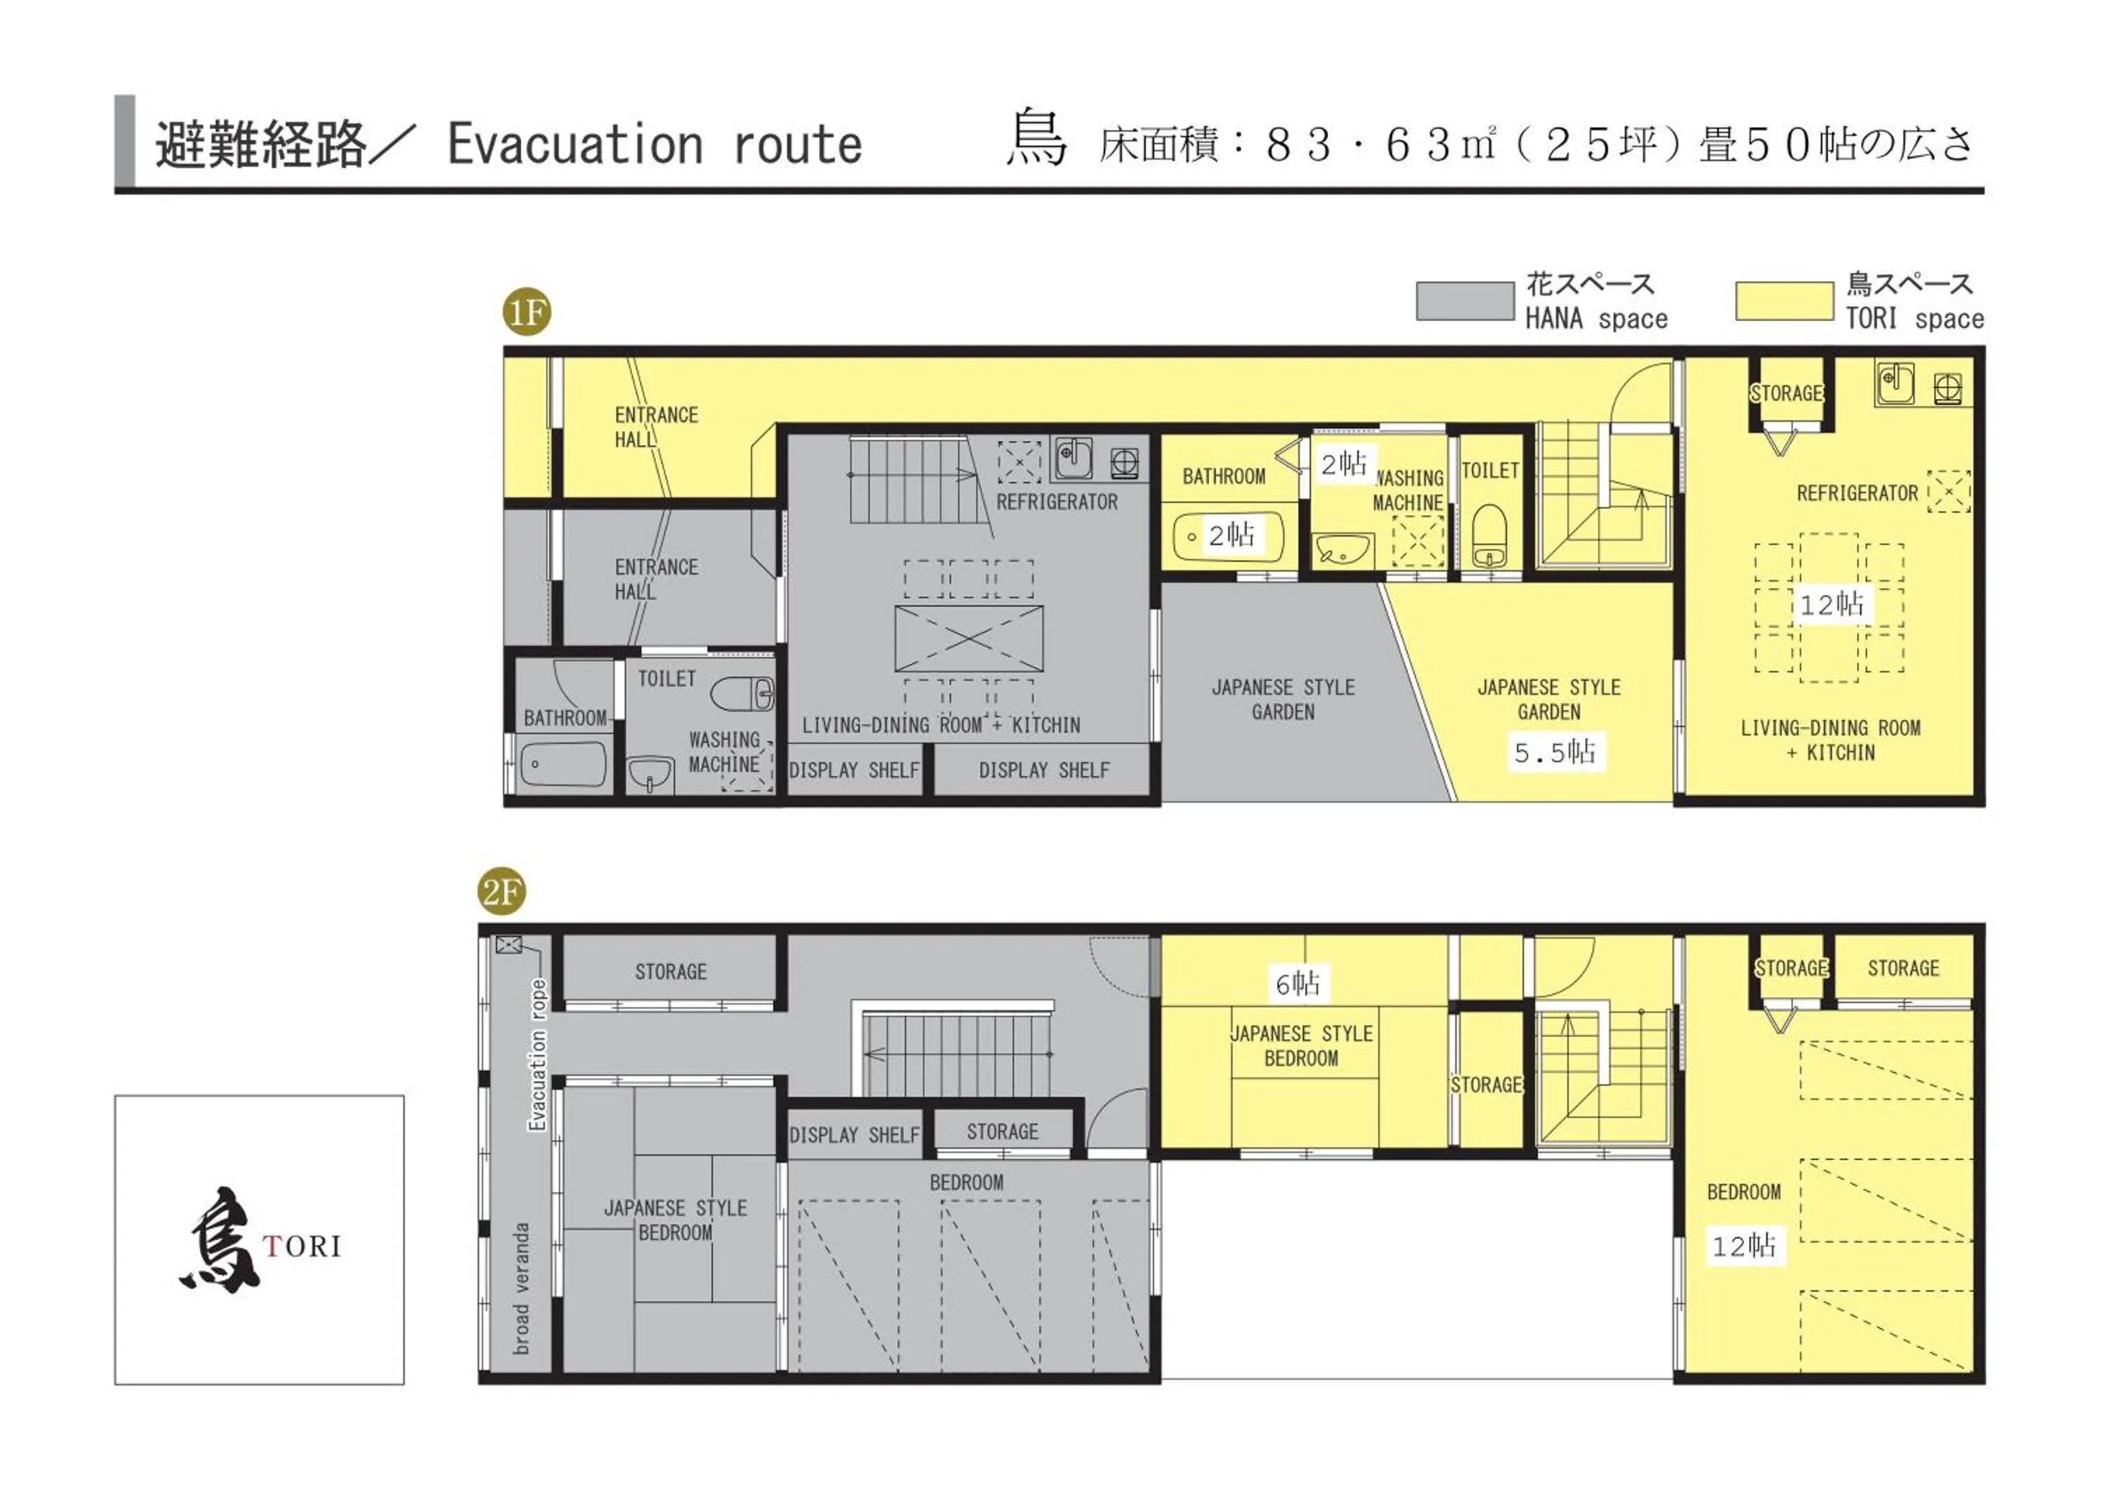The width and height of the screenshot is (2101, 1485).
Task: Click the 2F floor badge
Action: (x=501, y=890)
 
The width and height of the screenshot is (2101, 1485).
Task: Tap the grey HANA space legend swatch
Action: (x=1464, y=301)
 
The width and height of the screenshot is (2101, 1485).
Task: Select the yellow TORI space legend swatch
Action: (x=1784, y=301)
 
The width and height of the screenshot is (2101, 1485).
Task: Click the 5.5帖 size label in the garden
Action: (x=1555, y=752)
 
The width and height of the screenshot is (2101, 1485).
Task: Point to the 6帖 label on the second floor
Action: (x=1298, y=983)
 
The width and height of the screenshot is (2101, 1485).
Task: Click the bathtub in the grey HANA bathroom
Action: (x=564, y=764)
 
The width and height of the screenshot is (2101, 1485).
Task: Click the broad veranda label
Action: (x=522, y=1288)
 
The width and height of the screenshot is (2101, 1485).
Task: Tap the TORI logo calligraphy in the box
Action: (x=220, y=1241)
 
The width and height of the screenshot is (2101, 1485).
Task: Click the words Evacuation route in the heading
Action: (x=653, y=144)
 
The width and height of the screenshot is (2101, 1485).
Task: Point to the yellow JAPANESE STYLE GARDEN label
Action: (x=1548, y=699)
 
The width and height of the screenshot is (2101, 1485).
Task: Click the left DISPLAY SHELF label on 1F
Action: (x=854, y=771)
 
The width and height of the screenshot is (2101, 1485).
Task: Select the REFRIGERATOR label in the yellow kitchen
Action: (x=1856, y=494)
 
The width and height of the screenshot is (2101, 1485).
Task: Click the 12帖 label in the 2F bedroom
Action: (x=1743, y=1245)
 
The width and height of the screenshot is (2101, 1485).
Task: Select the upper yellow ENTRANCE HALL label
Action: (x=656, y=427)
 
